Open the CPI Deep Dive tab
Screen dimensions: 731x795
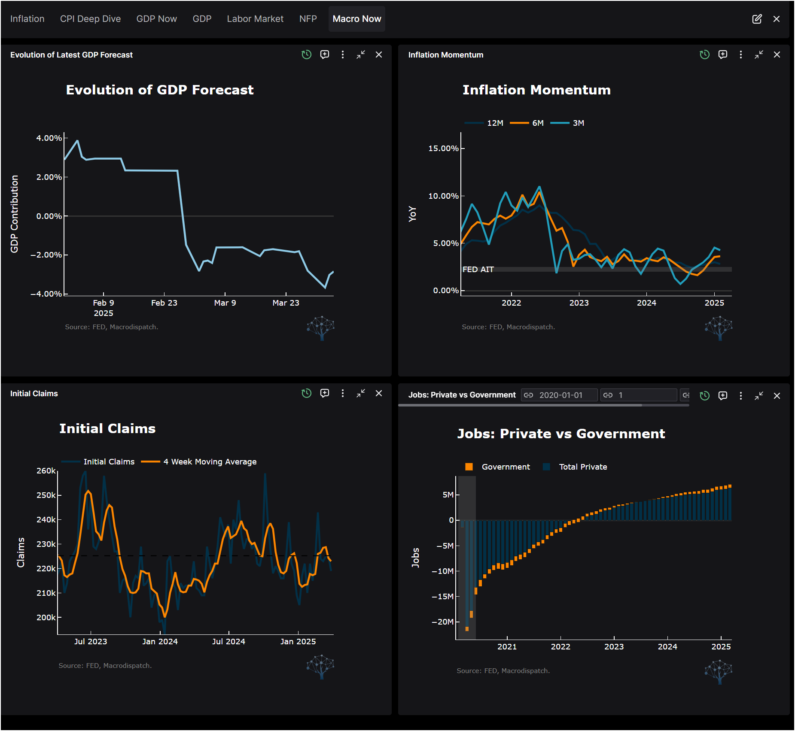coord(90,19)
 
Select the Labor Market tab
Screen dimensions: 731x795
coord(255,19)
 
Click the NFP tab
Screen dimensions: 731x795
coord(308,19)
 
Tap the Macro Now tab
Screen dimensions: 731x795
coord(356,19)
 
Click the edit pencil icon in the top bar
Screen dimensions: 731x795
coord(757,19)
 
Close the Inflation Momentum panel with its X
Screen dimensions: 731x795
coord(777,55)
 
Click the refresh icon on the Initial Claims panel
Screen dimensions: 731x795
coord(306,393)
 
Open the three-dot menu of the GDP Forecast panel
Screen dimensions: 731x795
coord(342,55)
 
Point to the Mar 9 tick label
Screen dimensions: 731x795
coord(225,303)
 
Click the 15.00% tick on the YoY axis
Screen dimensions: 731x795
coord(443,149)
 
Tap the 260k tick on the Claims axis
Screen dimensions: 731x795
coord(46,471)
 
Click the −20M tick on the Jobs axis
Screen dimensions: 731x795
coord(442,622)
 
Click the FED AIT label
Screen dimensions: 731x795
coord(478,270)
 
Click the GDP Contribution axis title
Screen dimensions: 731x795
coord(14,214)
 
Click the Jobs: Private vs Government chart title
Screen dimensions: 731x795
coord(561,434)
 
